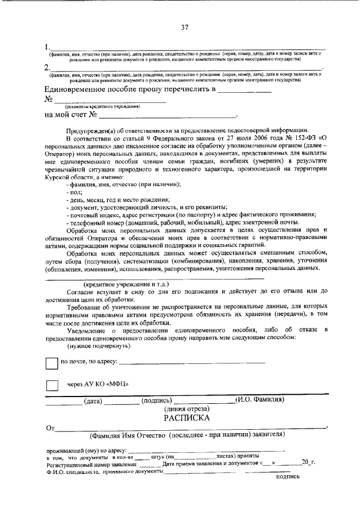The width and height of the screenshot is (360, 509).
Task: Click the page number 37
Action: click(183, 28)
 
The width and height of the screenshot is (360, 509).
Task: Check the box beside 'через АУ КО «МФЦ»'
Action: click(52, 385)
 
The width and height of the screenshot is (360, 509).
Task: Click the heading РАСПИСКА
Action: click(187, 418)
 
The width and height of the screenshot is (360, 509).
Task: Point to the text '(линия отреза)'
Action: click(187, 409)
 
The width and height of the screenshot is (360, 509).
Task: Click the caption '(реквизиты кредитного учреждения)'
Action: click(101, 106)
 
